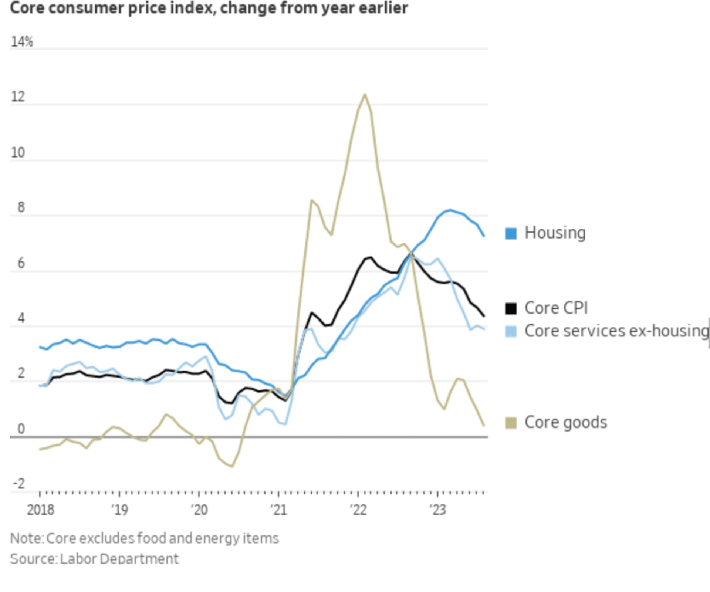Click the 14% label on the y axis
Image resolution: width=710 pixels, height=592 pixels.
tap(22, 42)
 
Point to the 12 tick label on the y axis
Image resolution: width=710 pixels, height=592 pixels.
tap(18, 97)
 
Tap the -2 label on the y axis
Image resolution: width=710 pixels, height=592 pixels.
tap(19, 483)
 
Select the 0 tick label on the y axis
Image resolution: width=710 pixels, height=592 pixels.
tap(21, 429)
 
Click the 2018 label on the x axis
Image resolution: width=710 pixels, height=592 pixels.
tap(40, 510)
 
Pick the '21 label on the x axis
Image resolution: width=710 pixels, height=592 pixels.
tap(278, 510)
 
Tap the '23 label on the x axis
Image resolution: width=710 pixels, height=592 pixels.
tap(437, 510)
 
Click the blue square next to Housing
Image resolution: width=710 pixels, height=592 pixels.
tap(511, 233)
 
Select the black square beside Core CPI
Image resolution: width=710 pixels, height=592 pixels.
tap(511, 308)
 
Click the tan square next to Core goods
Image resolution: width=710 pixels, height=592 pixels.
tap(511, 423)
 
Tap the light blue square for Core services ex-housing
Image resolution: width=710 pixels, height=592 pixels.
tap(511, 331)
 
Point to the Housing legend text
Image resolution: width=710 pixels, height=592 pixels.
tap(555, 233)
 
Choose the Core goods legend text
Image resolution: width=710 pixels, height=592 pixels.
tap(565, 422)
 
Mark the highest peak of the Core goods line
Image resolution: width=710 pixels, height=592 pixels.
tap(365, 95)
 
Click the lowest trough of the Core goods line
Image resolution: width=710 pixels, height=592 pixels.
tap(232, 466)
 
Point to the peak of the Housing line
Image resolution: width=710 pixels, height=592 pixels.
tap(450, 210)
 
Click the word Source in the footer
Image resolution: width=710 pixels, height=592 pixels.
tap(33, 559)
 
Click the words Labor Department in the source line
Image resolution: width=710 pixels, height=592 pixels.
tap(119, 559)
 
